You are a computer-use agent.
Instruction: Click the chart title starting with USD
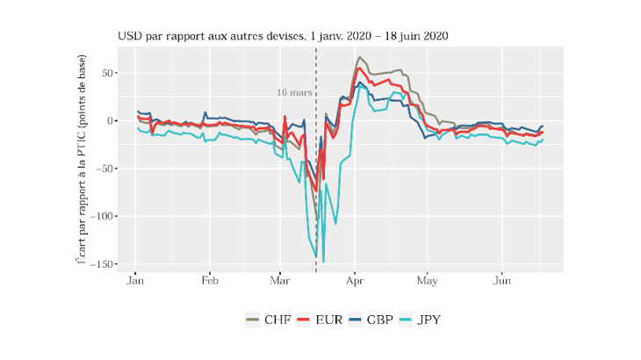coord(286,37)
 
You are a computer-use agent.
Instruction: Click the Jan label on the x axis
coord(135,283)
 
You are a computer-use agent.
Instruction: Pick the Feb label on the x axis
coord(209,283)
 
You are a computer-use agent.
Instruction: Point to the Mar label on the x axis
coord(279,283)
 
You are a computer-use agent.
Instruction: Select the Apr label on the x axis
coord(354,283)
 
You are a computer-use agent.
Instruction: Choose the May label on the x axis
coord(428,283)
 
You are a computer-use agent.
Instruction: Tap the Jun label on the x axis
coord(502,283)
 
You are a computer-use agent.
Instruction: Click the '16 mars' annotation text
coord(293,91)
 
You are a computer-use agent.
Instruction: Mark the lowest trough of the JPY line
coord(323,262)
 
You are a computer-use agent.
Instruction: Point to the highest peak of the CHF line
coord(358,58)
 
